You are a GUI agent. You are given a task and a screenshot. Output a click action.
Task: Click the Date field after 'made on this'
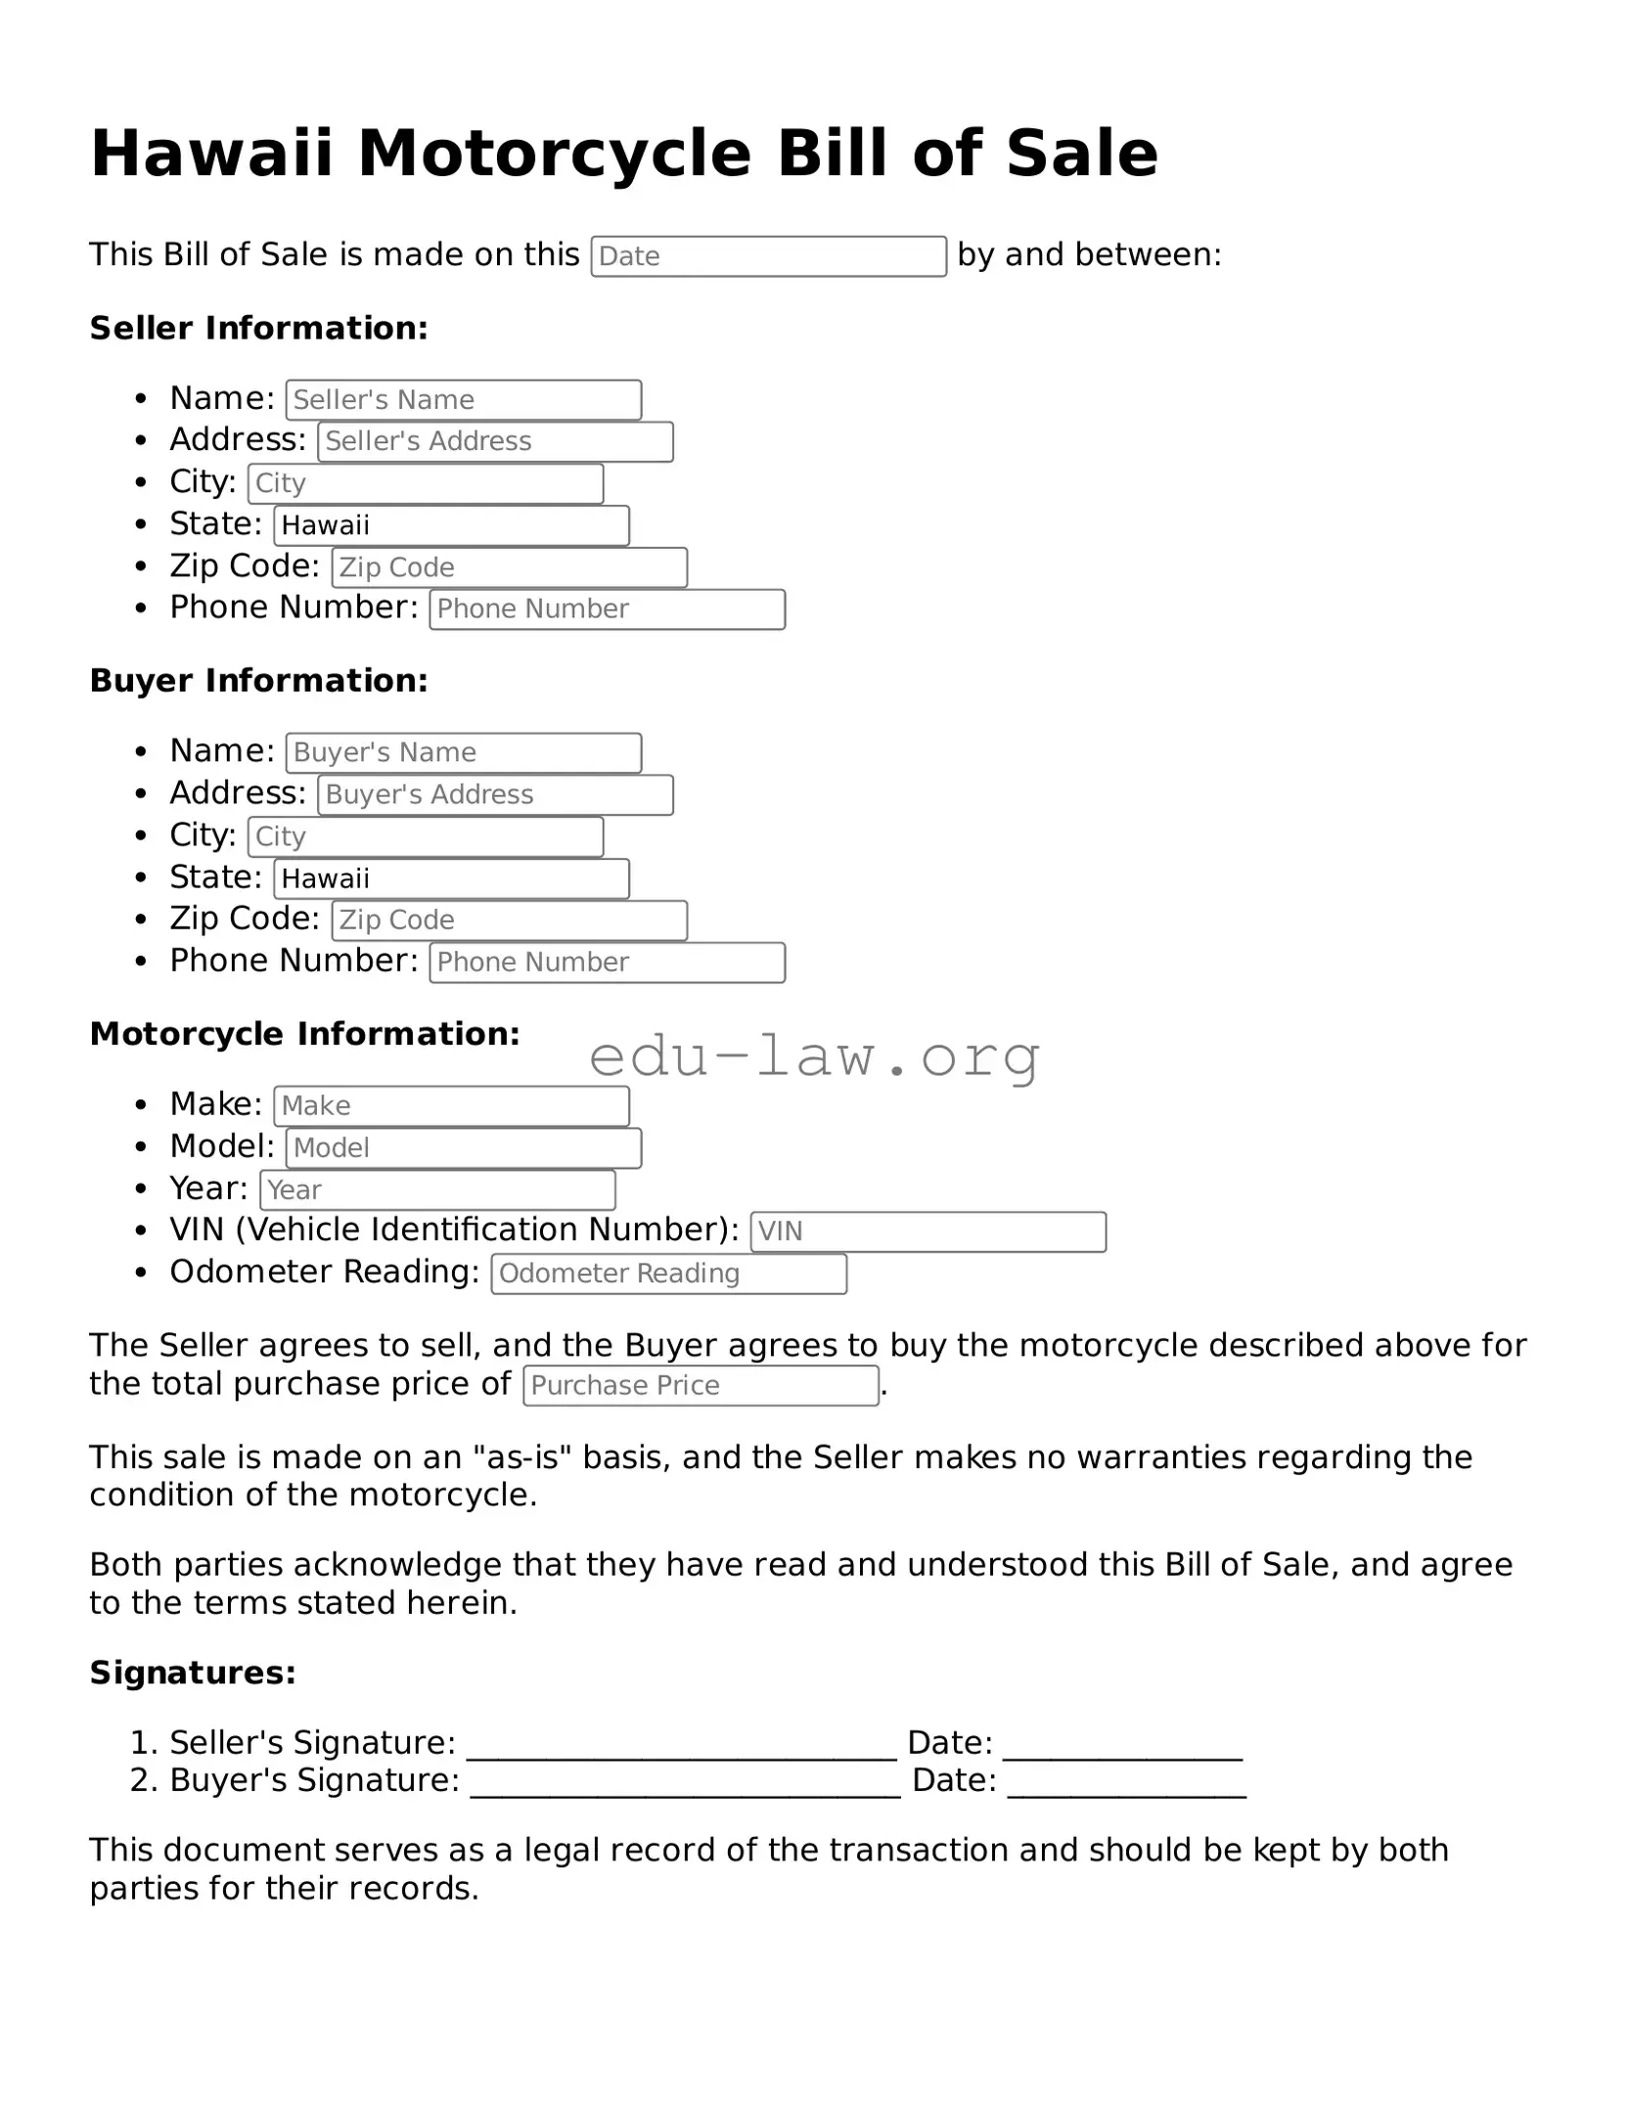[768, 256]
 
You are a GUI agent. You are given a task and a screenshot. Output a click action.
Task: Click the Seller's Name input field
[464, 400]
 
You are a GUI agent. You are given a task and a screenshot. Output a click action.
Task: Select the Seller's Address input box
[495, 441]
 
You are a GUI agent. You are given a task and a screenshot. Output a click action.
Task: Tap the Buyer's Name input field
[464, 753]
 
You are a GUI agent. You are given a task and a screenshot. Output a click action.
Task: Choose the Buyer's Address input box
[495, 794]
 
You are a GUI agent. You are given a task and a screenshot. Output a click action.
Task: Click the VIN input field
[927, 1232]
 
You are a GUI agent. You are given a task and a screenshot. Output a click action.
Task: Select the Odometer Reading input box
[668, 1274]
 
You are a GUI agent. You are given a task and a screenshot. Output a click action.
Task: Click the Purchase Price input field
[701, 1386]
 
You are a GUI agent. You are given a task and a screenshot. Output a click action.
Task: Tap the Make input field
[451, 1106]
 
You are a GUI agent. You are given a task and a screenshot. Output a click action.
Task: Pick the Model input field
[464, 1148]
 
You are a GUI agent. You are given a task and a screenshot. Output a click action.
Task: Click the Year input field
[437, 1190]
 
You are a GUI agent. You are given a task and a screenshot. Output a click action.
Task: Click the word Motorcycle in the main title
[555, 155]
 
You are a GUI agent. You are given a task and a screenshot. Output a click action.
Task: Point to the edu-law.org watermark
[814, 1057]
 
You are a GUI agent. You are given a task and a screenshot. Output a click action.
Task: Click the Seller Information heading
[259, 329]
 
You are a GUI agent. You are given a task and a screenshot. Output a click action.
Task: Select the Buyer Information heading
[259, 681]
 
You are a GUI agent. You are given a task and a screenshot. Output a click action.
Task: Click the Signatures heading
[193, 1673]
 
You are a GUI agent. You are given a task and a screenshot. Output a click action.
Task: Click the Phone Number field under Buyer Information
[607, 963]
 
